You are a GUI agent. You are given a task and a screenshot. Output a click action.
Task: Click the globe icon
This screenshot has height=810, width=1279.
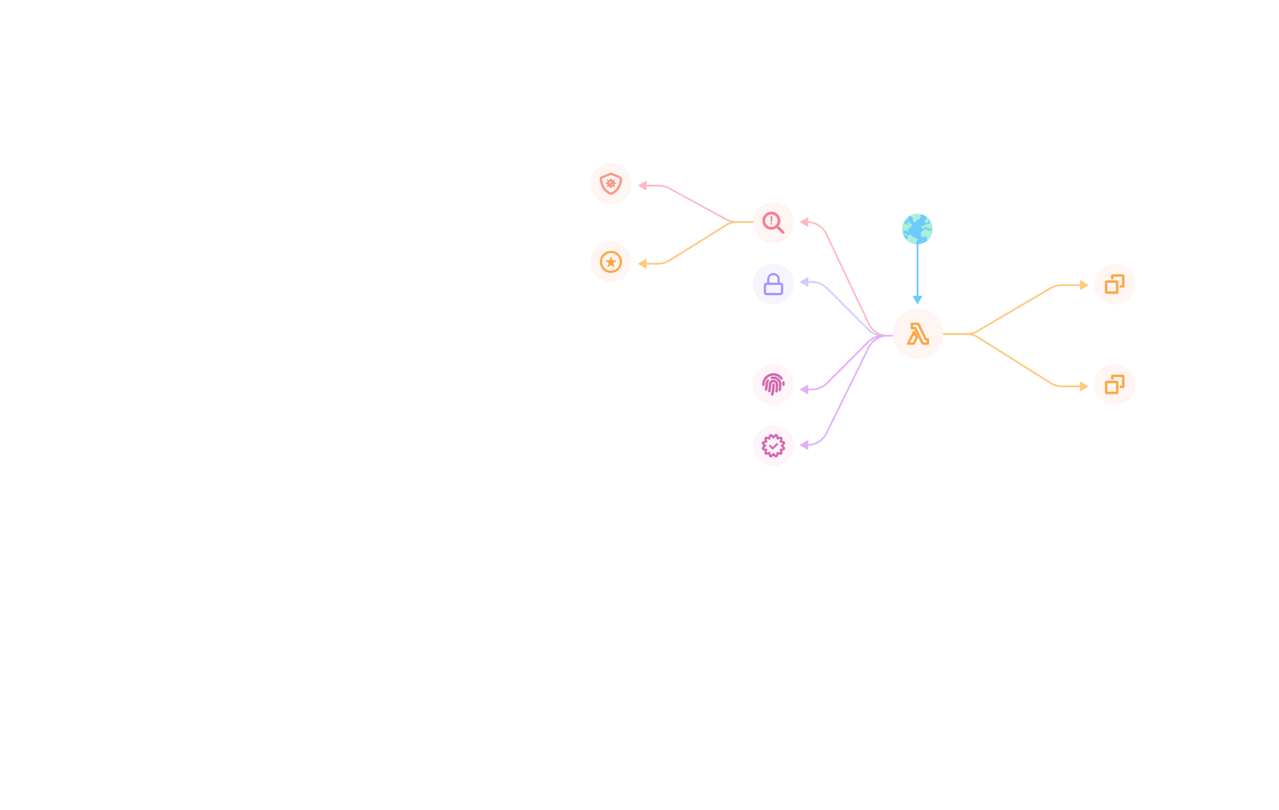[x=917, y=229]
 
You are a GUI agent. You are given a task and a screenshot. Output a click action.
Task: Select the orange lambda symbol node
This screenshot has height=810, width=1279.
[x=917, y=334]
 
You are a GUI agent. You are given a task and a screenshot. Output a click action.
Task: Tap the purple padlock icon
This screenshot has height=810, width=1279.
[x=774, y=284]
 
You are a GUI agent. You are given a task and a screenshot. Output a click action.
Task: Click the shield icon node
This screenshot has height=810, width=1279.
[x=611, y=184]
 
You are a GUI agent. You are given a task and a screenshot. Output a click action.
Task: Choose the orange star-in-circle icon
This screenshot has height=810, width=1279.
[x=611, y=262]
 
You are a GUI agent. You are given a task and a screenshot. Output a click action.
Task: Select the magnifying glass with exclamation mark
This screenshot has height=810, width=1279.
[x=774, y=223]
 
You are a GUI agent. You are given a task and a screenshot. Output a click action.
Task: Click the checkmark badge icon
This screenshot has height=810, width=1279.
[x=774, y=446]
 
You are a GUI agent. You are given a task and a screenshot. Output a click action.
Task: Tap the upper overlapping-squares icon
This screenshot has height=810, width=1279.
[x=1114, y=284]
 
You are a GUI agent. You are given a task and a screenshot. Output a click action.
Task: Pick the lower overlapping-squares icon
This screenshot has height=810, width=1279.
[x=1114, y=385]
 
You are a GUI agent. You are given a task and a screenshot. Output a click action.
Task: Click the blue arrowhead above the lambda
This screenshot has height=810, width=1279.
[x=917, y=300]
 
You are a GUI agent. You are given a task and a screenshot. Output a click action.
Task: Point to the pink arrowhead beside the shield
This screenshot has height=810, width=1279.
[x=642, y=185]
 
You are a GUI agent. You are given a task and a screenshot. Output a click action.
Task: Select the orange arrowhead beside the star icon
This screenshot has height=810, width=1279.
[x=642, y=264]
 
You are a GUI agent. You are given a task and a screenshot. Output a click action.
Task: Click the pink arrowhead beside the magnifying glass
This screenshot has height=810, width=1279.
[x=804, y=222]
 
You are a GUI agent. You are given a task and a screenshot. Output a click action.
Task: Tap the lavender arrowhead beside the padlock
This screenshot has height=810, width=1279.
[x=804, y=282]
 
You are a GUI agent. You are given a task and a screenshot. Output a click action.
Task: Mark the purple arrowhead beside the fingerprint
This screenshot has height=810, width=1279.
[x=804, y=389]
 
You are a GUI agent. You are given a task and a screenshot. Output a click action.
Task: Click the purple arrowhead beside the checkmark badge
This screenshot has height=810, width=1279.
[x=804, y=445]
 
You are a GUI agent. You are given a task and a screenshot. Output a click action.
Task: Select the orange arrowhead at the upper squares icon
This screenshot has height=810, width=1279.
[x=1084, y=285]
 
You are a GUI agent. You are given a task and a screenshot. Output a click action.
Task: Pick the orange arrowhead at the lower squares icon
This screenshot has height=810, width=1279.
[x=1084, y=386]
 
